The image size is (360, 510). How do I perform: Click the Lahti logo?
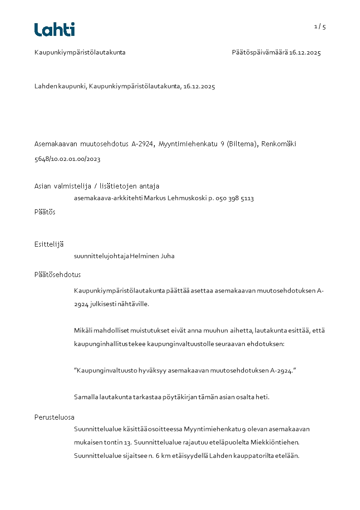pos(54,30)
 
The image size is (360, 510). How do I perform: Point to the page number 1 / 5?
pos(320,26)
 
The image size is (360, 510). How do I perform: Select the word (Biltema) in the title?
pos(243,144)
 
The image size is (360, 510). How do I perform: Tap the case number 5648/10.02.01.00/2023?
pos(67,159)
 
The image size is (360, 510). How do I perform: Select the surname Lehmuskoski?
pos(184,198)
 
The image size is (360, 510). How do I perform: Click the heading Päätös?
pos(45,212)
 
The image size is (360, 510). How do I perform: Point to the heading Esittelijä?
pos(49,244)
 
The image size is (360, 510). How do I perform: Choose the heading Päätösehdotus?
pos(58,275)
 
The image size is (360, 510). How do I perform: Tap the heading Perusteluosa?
pos(54,417)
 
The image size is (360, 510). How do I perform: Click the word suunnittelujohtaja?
pos(101,256)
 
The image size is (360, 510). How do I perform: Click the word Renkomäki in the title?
pos(279,144)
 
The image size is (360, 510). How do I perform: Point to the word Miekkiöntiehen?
pos(276,442)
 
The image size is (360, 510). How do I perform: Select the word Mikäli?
pos(84,331)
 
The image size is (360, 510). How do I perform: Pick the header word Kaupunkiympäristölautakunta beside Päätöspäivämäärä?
pos(80,53)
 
